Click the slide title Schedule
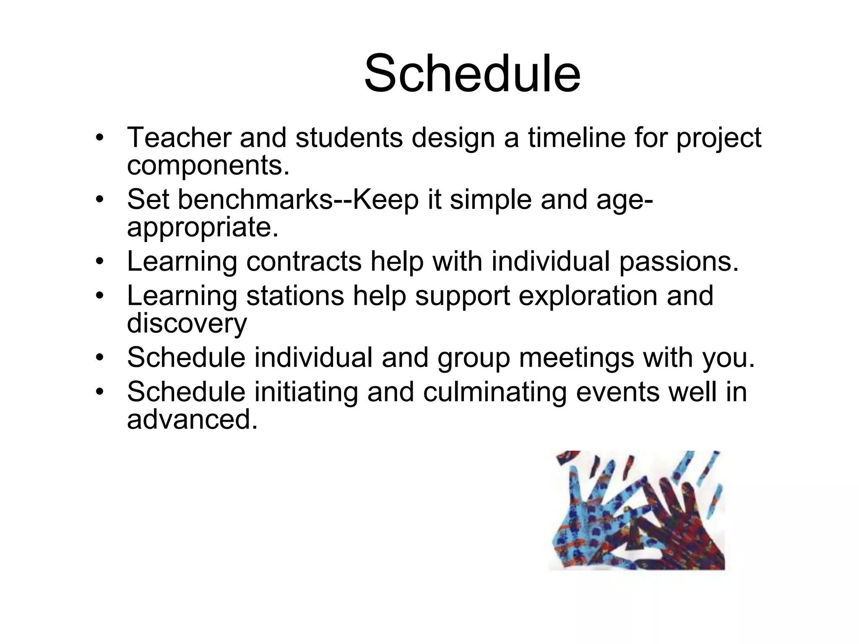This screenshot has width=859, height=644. tap(472, 74)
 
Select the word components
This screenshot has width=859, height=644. tap(208, 166)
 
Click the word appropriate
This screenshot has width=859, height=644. tap(203, 228)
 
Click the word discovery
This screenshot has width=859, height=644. tap(187, 324)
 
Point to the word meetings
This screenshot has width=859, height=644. tap(576, 358)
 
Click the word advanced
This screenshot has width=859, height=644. tap(192, 420)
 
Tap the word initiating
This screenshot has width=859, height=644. tap(306, 392)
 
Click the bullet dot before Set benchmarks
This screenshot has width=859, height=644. tap(99, 200)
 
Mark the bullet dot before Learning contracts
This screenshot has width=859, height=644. tap(99, 262)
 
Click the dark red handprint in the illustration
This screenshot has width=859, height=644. tap(675, 524)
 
